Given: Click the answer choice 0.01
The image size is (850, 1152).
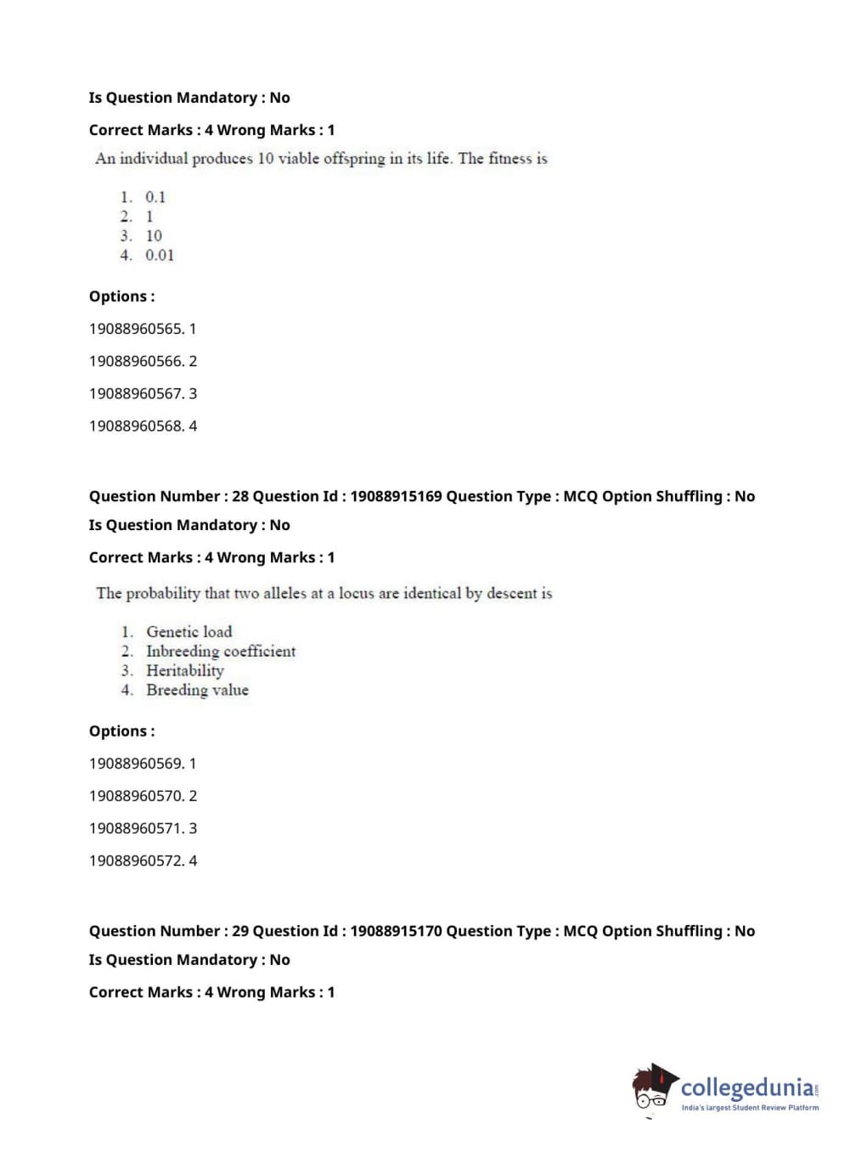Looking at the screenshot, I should click(159, 255).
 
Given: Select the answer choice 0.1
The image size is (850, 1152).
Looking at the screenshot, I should click(155, 197).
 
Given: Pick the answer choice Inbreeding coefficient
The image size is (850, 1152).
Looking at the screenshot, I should click(221, 652).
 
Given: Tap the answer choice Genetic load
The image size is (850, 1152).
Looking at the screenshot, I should click(189, 632).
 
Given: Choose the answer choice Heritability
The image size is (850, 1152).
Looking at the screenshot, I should click(185, 671).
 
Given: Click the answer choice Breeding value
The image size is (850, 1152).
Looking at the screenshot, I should click(197, 691).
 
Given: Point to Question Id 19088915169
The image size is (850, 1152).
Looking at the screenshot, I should click(396, 496).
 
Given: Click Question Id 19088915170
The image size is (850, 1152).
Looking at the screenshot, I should click(396, 931).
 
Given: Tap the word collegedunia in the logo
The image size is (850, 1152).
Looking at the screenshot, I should click(747, 1087).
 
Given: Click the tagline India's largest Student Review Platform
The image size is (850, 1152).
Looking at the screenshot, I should click(750, 1108).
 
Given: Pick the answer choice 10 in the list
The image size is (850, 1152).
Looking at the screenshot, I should click(154, 236).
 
